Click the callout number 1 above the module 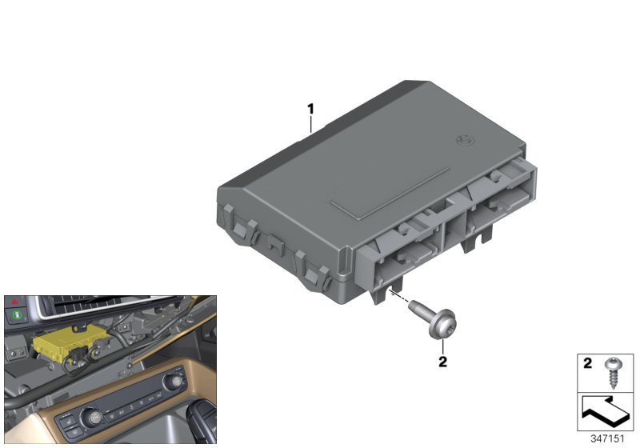click(x=312, y=108)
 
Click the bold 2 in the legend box click(x=586, y=363)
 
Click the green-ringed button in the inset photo click(x=16, y=327)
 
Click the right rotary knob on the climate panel click(x=171, y=386)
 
